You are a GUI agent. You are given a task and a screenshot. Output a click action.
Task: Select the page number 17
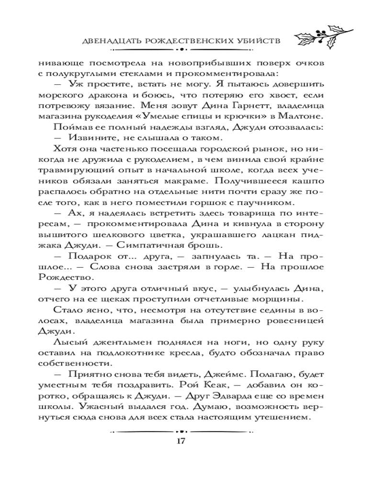tap(180, 441)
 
